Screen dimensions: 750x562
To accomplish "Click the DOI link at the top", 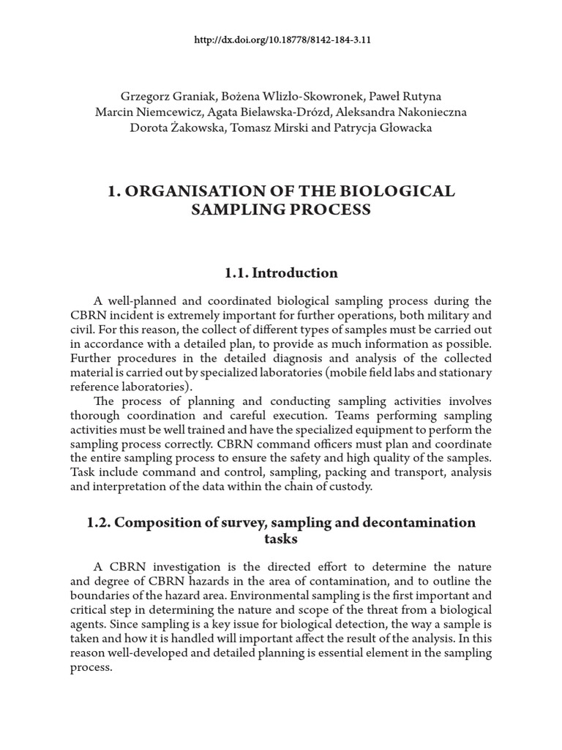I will (x=281, y=40).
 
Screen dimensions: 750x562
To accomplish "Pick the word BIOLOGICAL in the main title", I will (x=396, y=191).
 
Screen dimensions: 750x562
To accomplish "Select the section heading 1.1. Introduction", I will (x=281, y=273).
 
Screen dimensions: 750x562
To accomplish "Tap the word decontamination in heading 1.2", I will (x=416, y=522).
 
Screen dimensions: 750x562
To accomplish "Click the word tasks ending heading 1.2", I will (x=281, y=539).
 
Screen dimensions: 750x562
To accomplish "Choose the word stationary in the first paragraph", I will (x=464, y=372).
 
